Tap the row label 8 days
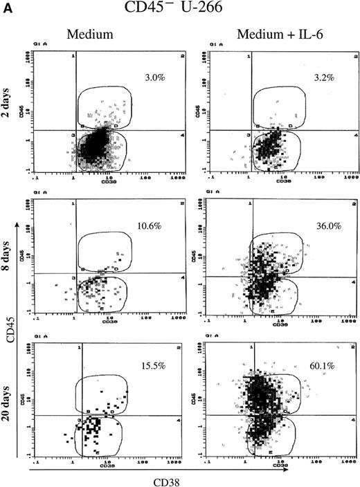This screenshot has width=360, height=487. click(24, 255)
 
